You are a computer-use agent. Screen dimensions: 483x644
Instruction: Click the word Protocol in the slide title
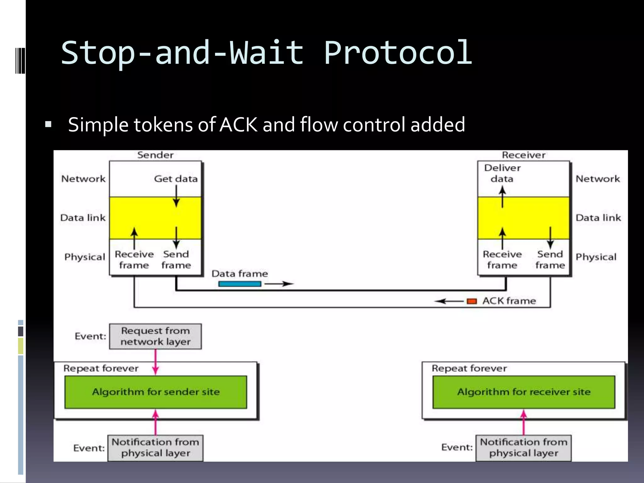[x=398, y=53]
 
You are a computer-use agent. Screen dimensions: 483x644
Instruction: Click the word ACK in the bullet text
[x=238, y=125]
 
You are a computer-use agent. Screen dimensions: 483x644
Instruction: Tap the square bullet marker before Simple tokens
[x=48, y=124]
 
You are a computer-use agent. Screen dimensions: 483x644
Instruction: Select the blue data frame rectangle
[x=240, y=284]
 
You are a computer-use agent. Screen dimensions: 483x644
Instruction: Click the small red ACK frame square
[x=472, y=301]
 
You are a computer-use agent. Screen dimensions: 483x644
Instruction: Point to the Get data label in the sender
[x=176, y=179]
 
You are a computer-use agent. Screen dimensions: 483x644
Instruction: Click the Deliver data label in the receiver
[x=502, y=173]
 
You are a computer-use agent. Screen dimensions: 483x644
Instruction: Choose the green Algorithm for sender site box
[x=156, y=392]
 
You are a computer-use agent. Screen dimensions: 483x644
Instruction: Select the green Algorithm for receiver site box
[x=524, y=392]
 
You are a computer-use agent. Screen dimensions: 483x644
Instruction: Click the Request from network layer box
[x=155, y=336]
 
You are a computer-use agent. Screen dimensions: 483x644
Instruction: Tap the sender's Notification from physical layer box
[x=155, y=448]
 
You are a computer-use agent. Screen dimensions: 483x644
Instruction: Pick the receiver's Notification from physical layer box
[x=523, y=448]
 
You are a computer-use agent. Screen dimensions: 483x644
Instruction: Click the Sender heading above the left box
[x=155, y=155]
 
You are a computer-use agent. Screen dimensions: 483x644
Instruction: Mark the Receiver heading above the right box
[x=524, y=155]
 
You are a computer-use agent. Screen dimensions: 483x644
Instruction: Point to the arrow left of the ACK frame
[x=449, y=301]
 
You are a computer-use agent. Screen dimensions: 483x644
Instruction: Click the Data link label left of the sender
[x=83, y=218]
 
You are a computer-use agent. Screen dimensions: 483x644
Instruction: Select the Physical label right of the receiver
[x=596, y=257]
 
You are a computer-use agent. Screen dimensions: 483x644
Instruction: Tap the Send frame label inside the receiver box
[x=550, y=259]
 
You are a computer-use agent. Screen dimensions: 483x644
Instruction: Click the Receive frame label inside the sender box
[x=134, y=259]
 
